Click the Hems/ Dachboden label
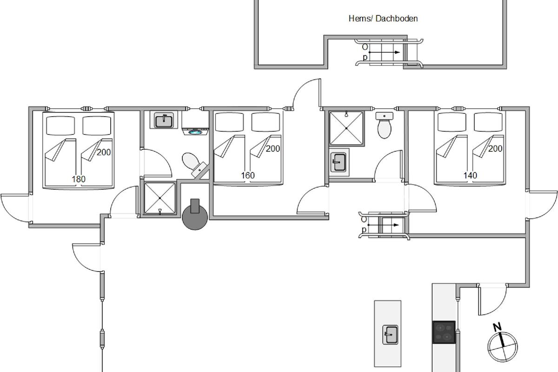tap(383, 19)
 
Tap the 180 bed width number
tap(79, 179)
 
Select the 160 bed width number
tap(248, 175)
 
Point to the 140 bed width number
tap(470, 175)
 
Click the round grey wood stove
tap(195, 216)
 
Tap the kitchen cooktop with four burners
tap(444, 332)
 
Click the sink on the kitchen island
tap(390, 335)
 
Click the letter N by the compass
tap(497, 327)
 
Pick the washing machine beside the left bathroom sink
tap(195, 123)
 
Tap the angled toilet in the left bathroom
tap(195, 165)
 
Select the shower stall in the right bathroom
tap(346, 128)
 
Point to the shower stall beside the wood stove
tap(160, 199)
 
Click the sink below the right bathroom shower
tap(339, 162)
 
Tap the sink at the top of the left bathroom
tap(164, 120)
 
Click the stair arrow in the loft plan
tap(385, 53)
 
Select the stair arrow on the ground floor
tap(383, 225)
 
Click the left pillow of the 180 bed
tap(60, 126)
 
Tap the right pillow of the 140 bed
tap(488, 122)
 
